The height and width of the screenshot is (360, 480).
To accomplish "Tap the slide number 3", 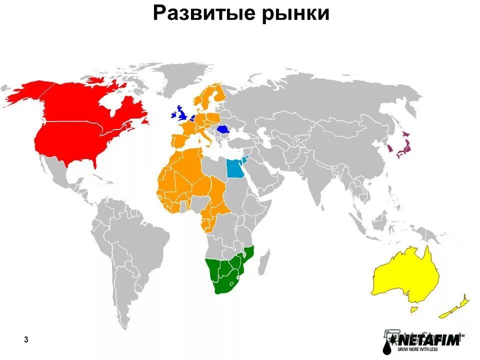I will pyautogui.click(x=26, y=340).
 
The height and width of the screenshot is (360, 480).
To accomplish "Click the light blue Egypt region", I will pyautogui.click(x=234, y=169).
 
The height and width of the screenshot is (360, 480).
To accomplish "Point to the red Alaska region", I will pyautogui.click(x=25, y=92).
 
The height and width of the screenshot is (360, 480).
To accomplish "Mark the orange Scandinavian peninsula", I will pyautogui.click(x=210, y=97).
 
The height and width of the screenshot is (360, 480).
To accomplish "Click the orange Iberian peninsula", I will pyautogui.click(x=180, y=140).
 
